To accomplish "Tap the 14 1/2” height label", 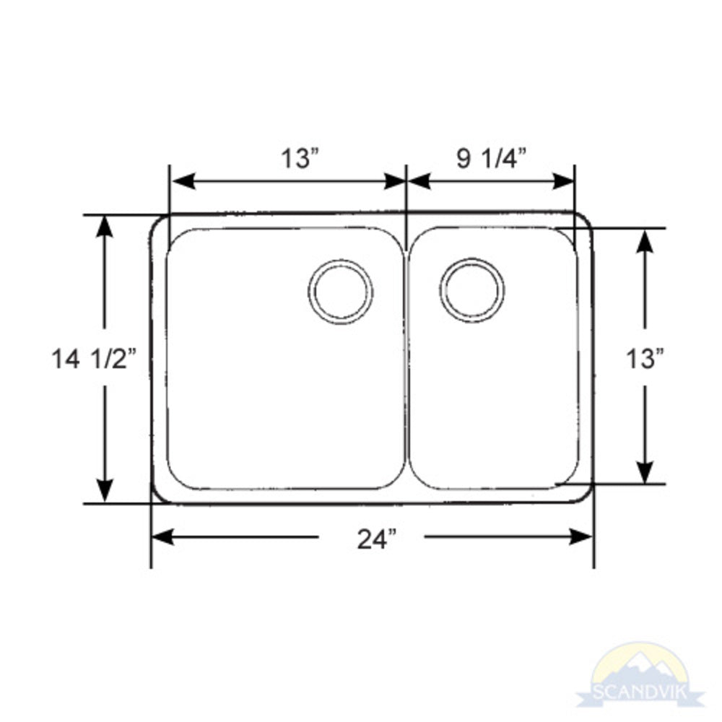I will coord(94,358).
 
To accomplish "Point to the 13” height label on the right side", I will coord(645,357).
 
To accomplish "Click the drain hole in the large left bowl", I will coord(341,291).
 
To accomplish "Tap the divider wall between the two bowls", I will coord(406,361).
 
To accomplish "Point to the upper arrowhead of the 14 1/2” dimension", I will coord(105,227).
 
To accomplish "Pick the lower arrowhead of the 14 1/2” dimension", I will coord(105,490).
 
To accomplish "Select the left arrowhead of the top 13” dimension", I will coord(181,180).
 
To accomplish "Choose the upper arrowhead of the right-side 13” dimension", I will coord(645,241).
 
